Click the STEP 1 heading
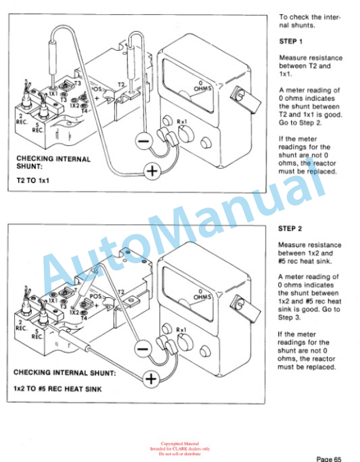pos(291,42)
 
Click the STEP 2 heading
pos(291,227)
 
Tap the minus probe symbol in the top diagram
pos(143,139)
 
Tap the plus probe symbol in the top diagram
pos(153,171)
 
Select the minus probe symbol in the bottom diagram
pos(142,348)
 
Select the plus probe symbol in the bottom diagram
pos(152,378)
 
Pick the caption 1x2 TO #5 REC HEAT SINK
pos(57,390)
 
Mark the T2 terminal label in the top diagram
pos(121,84)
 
